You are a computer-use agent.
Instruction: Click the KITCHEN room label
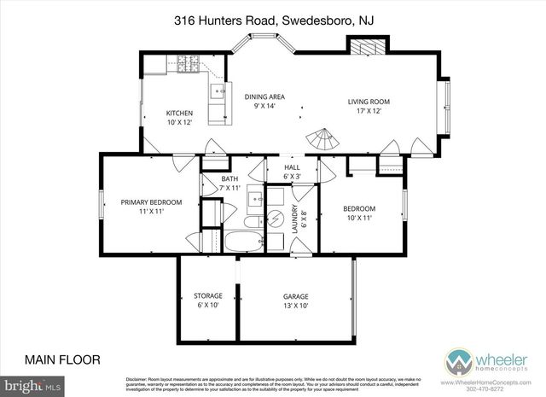[179, 113]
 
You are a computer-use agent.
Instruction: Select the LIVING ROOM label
[369, 102]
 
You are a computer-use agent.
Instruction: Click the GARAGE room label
[296, 297]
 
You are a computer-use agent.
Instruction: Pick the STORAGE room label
[208, 296]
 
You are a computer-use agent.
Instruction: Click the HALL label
[293, 167]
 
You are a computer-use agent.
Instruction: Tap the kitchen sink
[219, 90]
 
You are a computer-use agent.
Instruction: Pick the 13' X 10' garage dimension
[296, 306]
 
